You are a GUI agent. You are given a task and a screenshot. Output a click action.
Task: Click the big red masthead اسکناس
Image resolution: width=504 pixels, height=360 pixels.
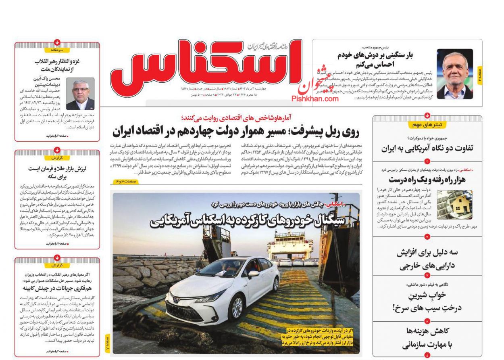click(206, 63)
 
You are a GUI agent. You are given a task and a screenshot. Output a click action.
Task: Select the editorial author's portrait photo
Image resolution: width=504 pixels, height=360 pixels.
click(80, 94)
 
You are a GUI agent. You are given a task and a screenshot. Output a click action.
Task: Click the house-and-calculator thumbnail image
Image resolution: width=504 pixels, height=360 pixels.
click(454, 205)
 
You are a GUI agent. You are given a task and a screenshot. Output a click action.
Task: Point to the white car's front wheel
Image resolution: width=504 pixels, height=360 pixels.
click(237, 308)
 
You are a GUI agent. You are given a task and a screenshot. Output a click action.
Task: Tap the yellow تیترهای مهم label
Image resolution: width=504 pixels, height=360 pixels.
click(427, 125)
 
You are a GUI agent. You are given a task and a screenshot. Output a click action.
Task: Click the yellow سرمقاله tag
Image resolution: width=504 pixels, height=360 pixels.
click(57, 50)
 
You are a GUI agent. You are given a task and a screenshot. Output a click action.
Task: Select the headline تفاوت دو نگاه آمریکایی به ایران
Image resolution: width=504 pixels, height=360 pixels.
click(427, 148)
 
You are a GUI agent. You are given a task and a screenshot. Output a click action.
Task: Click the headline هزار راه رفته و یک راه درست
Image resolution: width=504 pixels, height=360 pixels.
click(427, 179)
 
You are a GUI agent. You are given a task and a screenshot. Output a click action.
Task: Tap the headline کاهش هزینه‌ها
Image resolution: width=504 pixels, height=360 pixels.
click(428, 331)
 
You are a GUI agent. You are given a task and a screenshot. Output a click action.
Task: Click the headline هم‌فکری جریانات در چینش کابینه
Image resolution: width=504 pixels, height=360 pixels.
click(57, 288)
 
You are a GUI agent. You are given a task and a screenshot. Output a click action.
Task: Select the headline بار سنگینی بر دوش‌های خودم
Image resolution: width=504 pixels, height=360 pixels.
click(375, 59)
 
